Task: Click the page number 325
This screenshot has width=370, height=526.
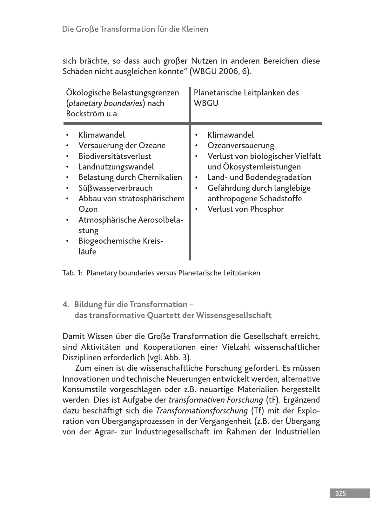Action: [340, 494]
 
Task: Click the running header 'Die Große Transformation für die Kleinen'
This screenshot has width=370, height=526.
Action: [135, 29]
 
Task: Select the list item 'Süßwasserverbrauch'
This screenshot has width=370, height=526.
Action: [115, 188]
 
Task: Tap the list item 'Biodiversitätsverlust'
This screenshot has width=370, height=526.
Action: [115, 156]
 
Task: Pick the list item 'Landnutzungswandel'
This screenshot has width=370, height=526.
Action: [116, 167]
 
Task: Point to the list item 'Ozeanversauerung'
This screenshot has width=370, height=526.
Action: [240, 145]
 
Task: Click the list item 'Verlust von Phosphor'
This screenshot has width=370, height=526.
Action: [246, 209]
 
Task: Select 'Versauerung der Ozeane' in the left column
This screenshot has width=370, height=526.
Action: [122, 145]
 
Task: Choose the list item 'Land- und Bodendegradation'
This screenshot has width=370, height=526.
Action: [259, 177]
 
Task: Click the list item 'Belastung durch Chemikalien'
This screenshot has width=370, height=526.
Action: [130, 177]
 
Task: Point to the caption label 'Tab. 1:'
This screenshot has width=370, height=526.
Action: [72, 273]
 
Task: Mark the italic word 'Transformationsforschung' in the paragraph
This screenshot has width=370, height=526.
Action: [201, 411]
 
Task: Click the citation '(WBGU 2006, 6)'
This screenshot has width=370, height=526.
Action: [220, 71]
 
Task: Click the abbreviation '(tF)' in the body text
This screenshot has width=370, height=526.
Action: [272, 400]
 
